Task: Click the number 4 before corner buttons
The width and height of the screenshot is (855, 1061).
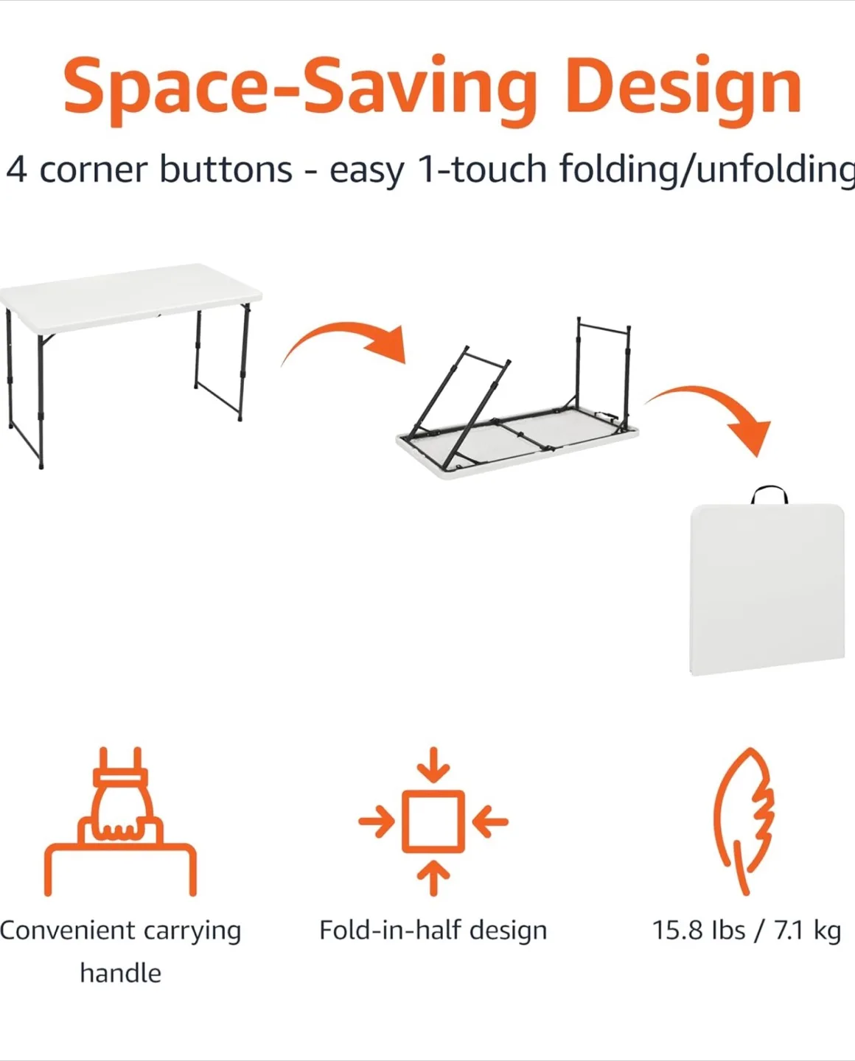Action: [16, 170]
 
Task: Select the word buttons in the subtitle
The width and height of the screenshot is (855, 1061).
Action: [226, 170]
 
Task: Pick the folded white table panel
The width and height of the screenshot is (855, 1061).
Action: [766, 589]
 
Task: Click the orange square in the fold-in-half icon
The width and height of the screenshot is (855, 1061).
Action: [433, 822]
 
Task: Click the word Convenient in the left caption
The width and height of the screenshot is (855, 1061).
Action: [67, 931]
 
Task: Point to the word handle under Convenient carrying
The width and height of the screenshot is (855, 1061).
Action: [120, 973]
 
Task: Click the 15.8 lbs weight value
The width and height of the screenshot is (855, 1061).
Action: [698, 931]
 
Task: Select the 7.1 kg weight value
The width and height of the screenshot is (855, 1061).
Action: [807, 931]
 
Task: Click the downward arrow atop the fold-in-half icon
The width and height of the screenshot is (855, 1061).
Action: [433, 765]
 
